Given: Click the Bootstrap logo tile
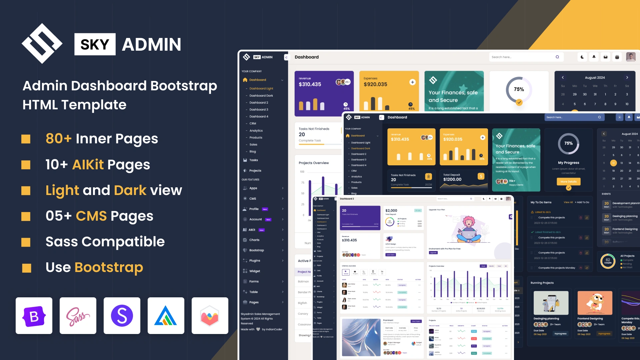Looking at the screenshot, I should coord(34,316).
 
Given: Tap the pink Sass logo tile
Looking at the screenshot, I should coord(78,316).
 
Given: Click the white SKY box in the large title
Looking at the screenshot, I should coord(95,44).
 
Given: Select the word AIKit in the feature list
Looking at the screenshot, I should coord(88,165).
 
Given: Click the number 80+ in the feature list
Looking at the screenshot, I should coord(59,139).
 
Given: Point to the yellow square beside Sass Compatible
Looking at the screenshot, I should coord(26,242).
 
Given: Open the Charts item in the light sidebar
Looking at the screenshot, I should coord(254,240).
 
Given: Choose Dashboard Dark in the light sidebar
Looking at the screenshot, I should coord(261,96).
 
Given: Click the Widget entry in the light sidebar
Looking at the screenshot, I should coord(255,271).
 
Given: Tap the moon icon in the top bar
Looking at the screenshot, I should coord(582,57).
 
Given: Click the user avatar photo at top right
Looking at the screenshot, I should coord(631,57).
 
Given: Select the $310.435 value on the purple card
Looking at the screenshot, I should coord(310,84).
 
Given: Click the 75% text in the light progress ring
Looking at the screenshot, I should coord(519,89).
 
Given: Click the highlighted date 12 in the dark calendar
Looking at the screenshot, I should coord(613,163).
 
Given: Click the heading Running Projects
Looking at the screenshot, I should coord(542,283).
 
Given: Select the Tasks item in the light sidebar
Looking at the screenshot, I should coord(254,160).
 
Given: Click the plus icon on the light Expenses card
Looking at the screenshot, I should coord(412,82).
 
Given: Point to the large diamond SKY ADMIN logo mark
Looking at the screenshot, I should coord(42,44).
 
